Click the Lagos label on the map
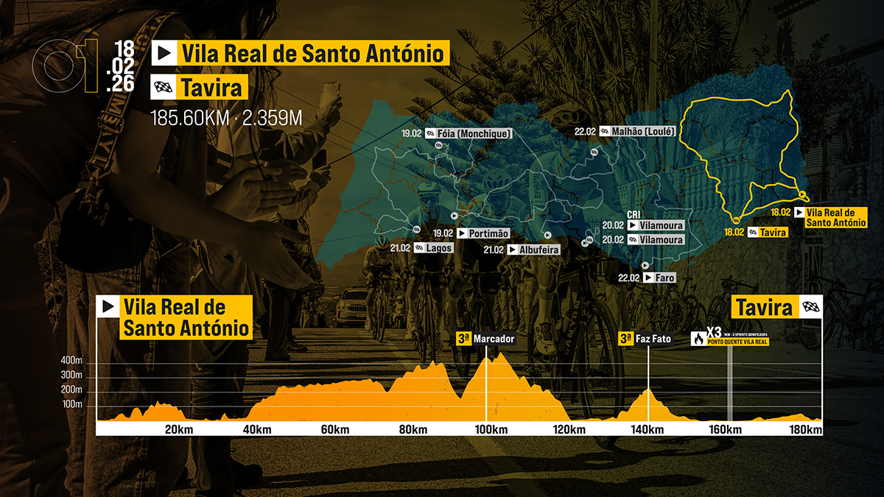click(x=438, y=248)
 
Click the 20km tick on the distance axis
click(x=179, y=430)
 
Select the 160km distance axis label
click(x=725, y=430)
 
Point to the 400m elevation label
click(x=71, y=361)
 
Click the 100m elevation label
click(x=71, y=404)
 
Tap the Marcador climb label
click(x=494, y=339)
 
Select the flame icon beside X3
click(x=697, y=339)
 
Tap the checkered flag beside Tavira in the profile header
click(x=810, y=307)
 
